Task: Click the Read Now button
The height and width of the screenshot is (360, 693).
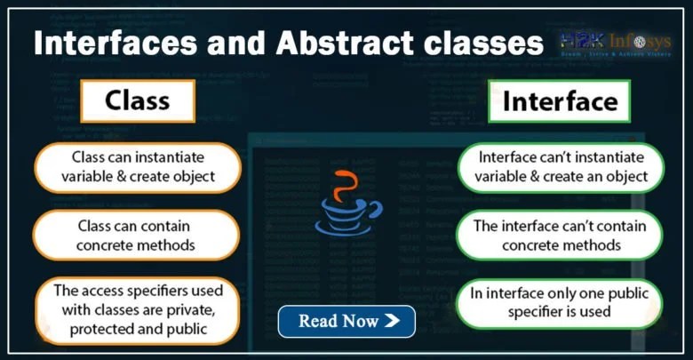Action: pos(346,321)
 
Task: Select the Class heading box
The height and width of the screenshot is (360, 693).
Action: pos(137,100)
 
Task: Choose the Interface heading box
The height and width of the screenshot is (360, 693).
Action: pos(559,101)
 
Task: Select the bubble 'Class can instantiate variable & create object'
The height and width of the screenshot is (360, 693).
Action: pos(138,166)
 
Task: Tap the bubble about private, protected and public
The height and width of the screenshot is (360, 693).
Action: pos(137,310)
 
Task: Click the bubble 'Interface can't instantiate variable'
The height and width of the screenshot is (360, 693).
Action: pos(562,166)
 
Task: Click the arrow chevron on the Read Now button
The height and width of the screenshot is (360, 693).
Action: pos(392,321)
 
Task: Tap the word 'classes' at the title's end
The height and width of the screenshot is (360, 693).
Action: pos(475,44)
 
